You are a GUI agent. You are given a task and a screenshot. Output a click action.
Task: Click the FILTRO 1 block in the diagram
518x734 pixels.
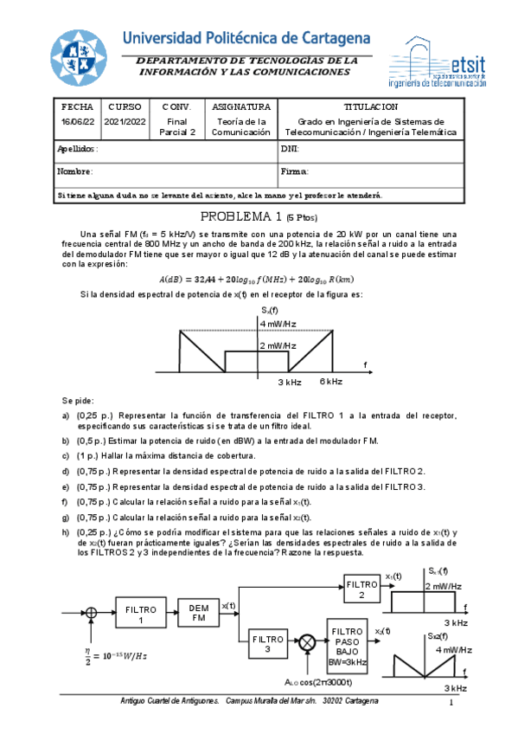pyautogui.click(x=140, y=615)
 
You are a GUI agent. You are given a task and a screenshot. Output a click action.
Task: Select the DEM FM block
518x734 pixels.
pyautogui.click(x=199, y=614)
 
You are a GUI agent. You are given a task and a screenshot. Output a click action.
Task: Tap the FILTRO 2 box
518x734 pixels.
pyautogui.click(x=361, y=589)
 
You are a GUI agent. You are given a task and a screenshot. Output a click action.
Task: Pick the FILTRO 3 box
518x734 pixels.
pyautogui.click(x=268, y=643)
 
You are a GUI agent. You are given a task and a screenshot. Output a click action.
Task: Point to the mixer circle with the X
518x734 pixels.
pyautogui.click(x=306, y=643)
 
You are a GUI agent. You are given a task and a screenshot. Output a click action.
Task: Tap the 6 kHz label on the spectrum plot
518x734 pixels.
pyautogui.click(x=331, y=382)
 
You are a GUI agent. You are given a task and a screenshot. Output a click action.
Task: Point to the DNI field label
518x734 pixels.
pyautogui.click(x=290, y=149)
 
